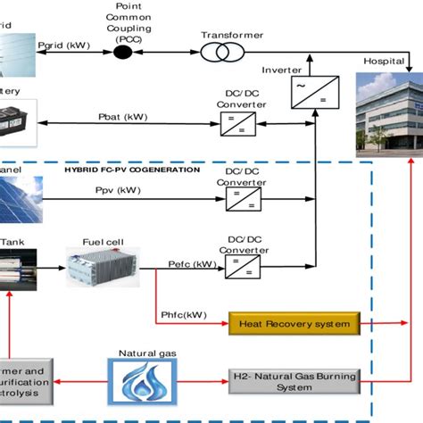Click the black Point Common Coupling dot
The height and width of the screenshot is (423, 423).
pyautogui.click(x=122, y=53)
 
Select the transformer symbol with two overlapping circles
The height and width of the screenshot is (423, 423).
pyautogui.click(x=215, y=53)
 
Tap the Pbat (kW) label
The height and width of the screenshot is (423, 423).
pyautogui.click(x=123, y=116)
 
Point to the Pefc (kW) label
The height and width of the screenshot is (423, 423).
pyautogui.click(x=191, y=265)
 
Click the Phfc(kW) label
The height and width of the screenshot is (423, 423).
pyautogui.click(x=185, y=313)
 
